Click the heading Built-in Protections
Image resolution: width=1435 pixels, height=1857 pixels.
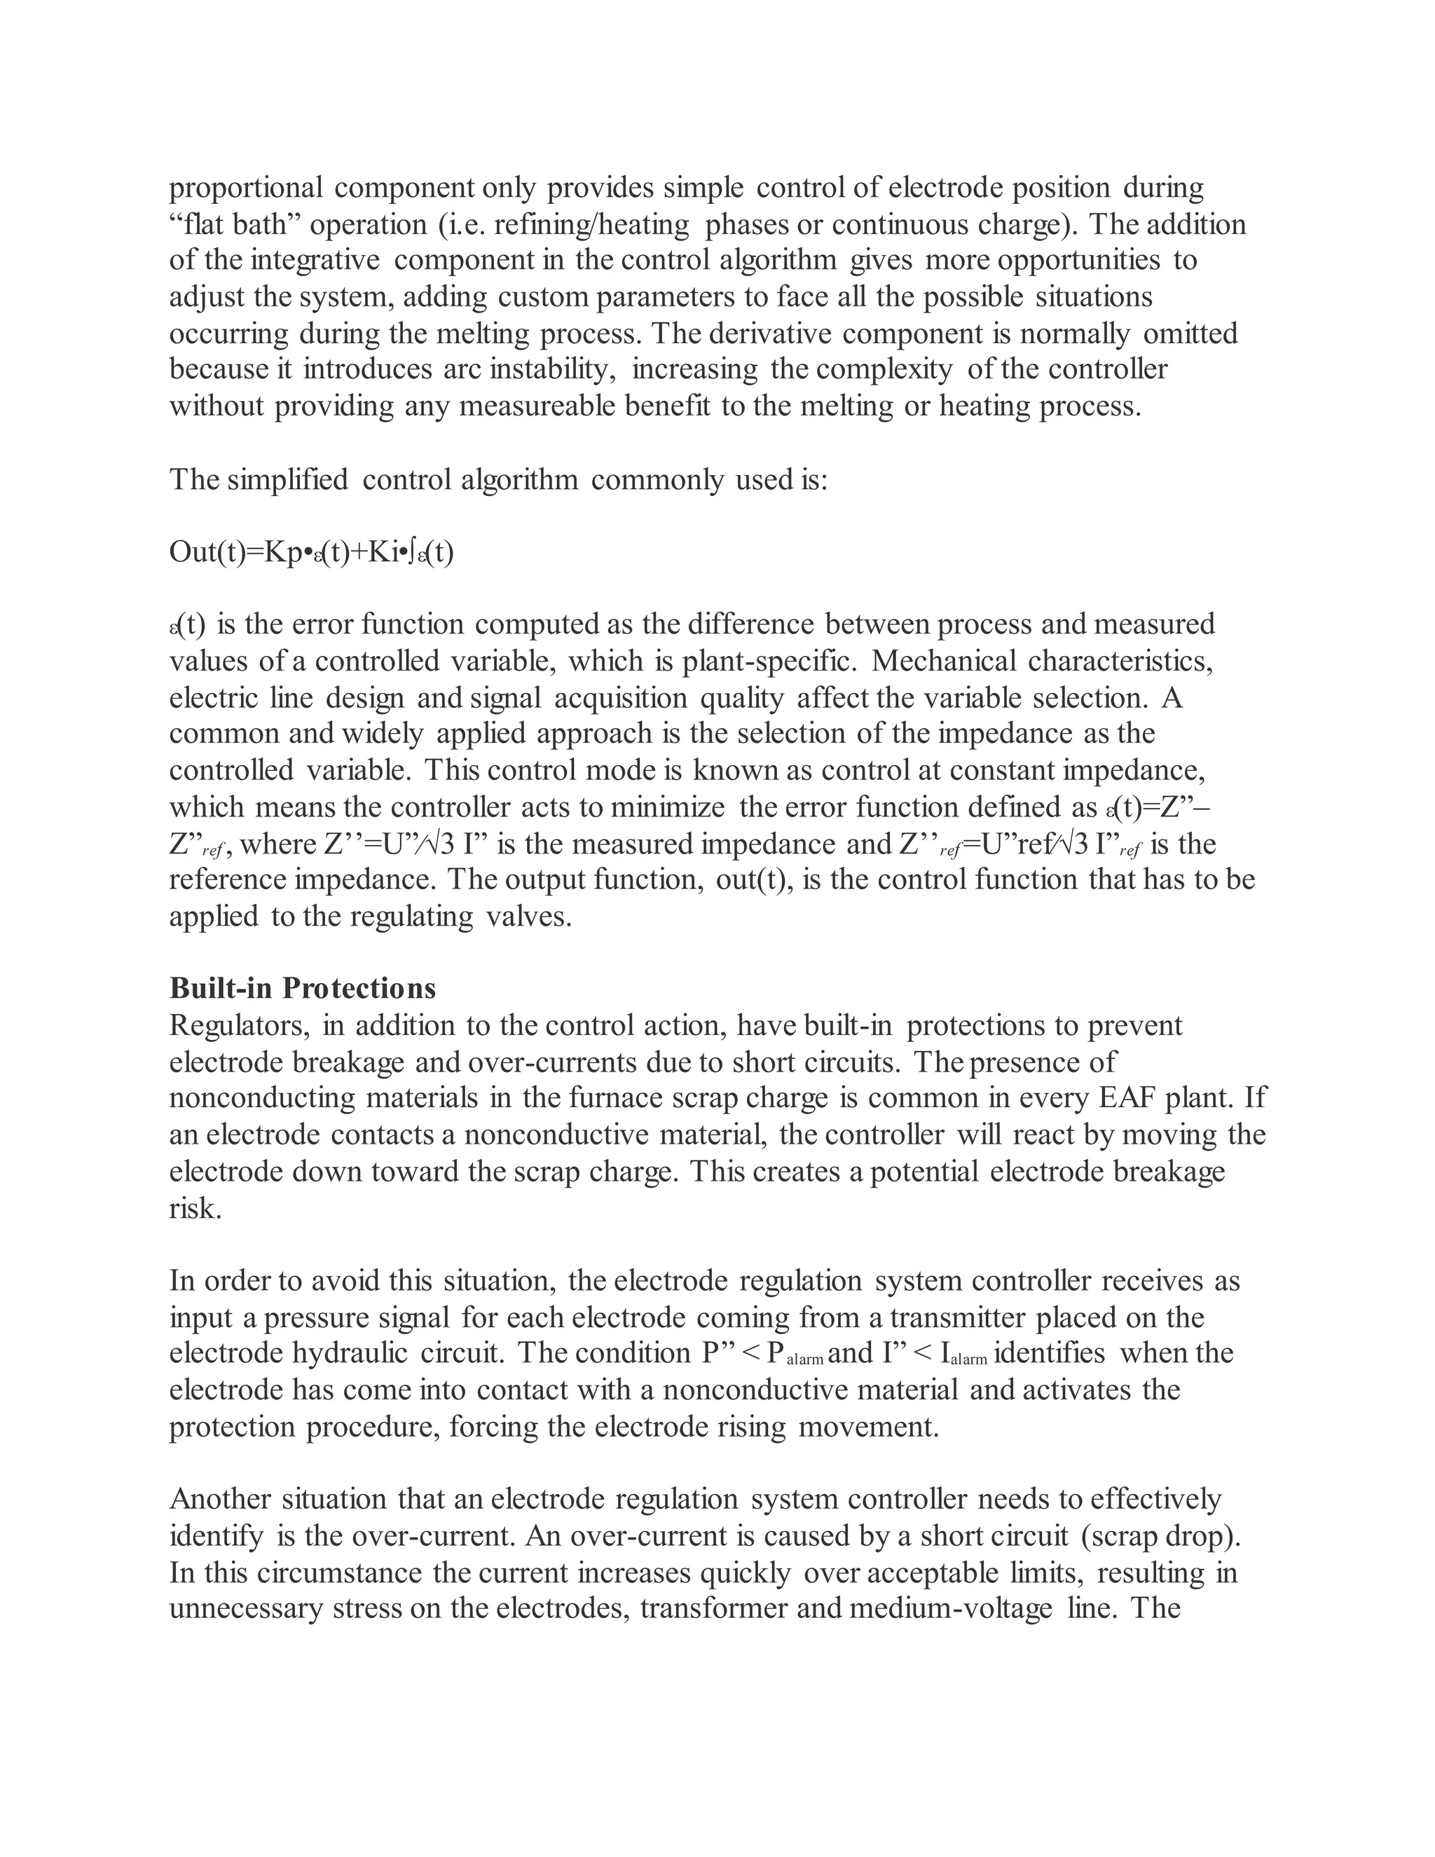click(303, 988)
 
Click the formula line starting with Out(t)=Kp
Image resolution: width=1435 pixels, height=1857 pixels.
click(311, 553)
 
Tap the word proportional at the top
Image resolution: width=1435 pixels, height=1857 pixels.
click(247, 188)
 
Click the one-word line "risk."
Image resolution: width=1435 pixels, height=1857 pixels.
click(195, 1208)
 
